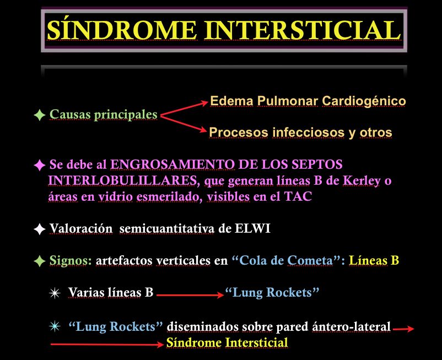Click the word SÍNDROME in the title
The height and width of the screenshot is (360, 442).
click(x=122, y=30)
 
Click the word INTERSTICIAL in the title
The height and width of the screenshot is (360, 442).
click(x=303, y=30)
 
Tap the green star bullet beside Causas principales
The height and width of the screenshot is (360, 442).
click(x=40, y=115)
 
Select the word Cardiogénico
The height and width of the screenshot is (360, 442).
click(x=364, y=101)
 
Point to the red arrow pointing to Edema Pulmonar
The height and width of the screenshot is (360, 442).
click(x=184, y=109)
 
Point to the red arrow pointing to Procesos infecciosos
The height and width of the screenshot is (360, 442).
click(x=184, y=123)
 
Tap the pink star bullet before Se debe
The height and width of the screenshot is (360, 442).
click(x=40, y=165)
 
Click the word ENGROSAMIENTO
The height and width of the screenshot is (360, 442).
click(x=173, y=164)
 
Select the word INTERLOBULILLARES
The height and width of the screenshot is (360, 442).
click(x=122, y=180)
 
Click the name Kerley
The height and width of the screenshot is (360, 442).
click(x=362, y=181)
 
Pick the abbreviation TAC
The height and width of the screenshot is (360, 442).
click(x=298, y=196)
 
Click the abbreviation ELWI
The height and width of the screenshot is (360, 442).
click(x=252, y=228)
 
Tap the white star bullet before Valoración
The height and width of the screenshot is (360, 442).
click(x=40, y=229)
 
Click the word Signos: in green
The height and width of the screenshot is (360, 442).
click(x=71, y=261)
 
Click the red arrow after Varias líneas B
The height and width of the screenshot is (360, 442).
click(x=190, y=295)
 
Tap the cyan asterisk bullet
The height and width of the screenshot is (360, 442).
click(x=55, y=326)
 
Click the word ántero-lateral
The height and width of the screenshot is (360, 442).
click(x=351, y=326)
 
